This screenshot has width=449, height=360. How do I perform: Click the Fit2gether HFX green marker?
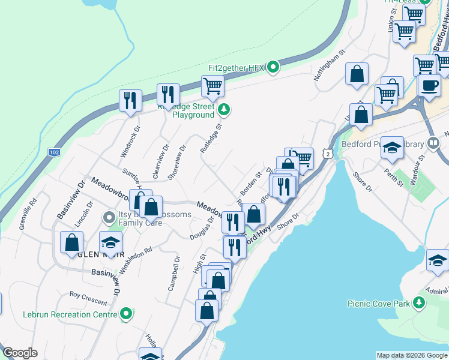(273, 67)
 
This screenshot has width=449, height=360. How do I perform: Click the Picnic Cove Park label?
(378, 304)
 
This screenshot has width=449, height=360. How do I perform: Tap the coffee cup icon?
(429, 85)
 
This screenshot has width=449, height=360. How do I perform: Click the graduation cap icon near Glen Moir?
(111, 243)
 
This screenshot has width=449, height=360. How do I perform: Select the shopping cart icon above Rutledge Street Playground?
(212, 86)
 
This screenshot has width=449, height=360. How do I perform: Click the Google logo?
(19, 353)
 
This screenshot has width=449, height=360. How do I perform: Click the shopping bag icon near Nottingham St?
(357, 74)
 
